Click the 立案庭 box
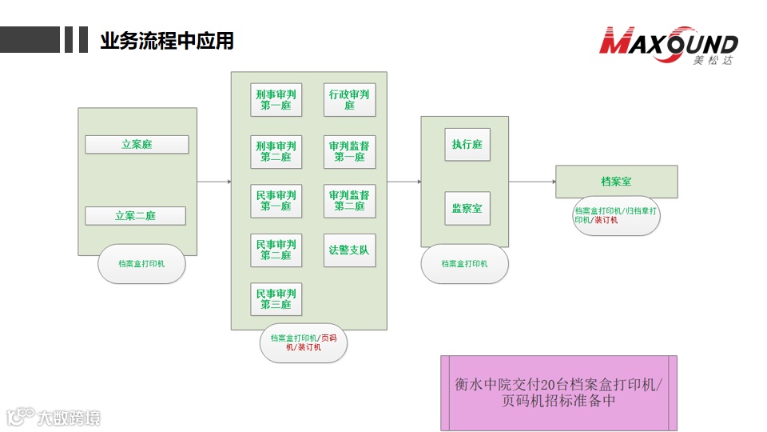coord(137,145)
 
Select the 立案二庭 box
coord(135,216)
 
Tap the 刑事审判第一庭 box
coord(276,100)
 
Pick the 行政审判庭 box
coord(349,100)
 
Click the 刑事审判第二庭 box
coord(276,152)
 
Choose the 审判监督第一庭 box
coord(349,152)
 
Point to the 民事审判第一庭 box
coord(276,201)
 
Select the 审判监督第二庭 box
coord(349,201)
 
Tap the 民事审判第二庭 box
coord(276,250)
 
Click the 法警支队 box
coord(349,250)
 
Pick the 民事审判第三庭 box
coord(276,299)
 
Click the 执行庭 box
coord(467,145)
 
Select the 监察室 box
coord(467,209)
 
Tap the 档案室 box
coord(616,182)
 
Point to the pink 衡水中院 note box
coord(558,393)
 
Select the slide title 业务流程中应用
coord(167,41)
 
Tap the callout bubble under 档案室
coord(616,215)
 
